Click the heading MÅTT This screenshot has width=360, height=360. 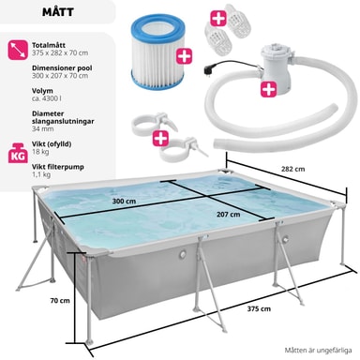click(58, 12)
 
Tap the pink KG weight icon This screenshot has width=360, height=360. click(18, 153)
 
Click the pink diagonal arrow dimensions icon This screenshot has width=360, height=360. click(18, 50)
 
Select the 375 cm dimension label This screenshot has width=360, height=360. click(259, 308)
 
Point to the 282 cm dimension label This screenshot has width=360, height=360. click(292, 169)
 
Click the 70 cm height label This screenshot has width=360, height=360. click(60, 301)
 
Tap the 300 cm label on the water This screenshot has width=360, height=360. click(124, 202)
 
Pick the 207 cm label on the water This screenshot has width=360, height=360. click(229, 215)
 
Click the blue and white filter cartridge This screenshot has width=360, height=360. click(157, 52)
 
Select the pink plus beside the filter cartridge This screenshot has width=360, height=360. click(184, 56)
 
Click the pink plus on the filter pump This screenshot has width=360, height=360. click(269, 89)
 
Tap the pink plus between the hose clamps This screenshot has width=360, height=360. click(160, 139)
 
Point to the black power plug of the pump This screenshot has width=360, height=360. click(208, 68)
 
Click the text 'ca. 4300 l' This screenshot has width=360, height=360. click(47, 98)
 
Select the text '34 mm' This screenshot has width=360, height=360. click(42, 128)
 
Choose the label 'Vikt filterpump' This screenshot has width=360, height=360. click(58, 167)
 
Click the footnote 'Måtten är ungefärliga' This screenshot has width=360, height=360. click(318, 350)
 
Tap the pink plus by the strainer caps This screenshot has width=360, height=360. click(218, 19)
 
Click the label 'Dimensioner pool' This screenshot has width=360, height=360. click(62, 67)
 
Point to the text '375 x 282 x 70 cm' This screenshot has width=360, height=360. click(60, 52)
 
